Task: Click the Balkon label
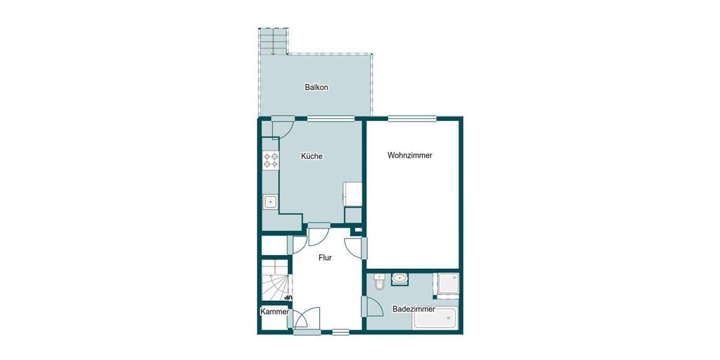tap(316, 88)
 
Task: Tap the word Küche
tap(311, 157)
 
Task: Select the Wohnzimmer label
tap(410, 155)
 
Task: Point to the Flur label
tap(325, 257)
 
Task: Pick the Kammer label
tap(274, 312)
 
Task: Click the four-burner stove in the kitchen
tap(271, 160)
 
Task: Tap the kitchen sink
tap(271, 202)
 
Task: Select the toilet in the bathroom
tap(378, 282)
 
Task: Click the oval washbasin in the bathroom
tap(400, 278)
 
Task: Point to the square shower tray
tap(447, 285)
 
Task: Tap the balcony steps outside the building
tap(274, 41)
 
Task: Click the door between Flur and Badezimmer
tap(373, 307)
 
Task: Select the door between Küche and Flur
tap(318, 235)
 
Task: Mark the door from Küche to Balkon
tap(281, 127)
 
